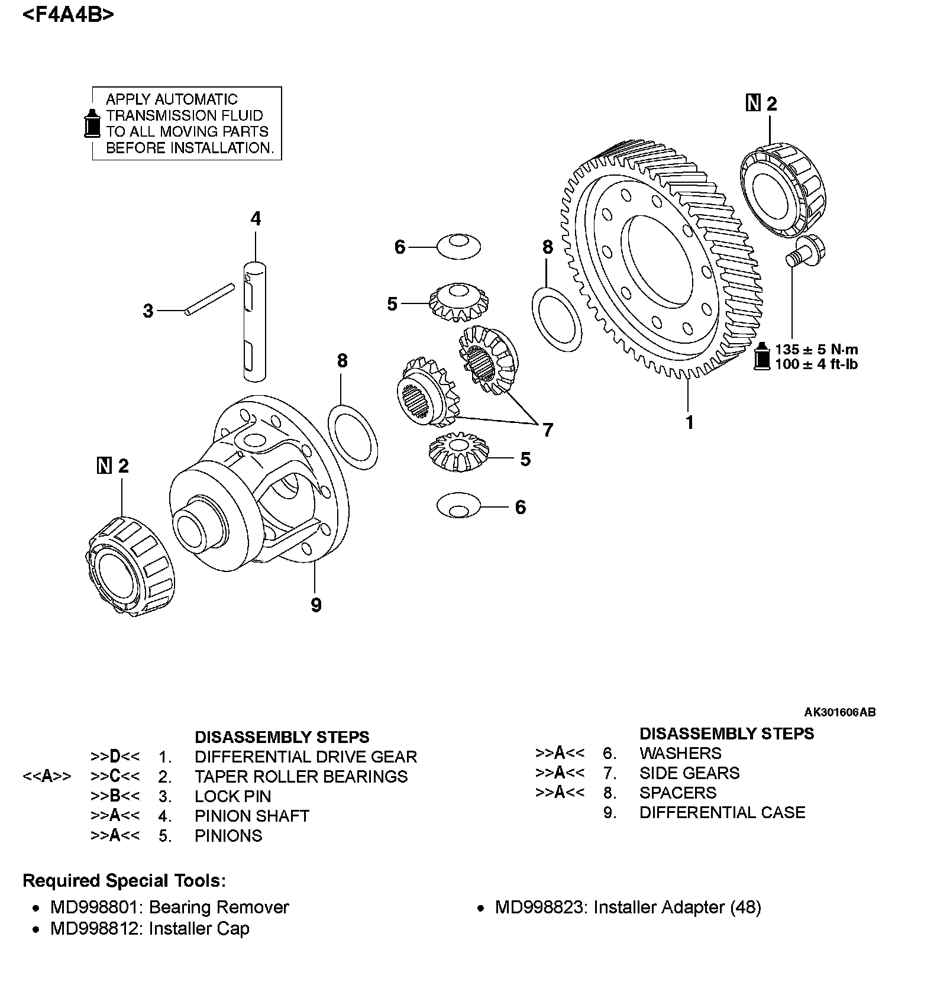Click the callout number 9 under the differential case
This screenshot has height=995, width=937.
click(x=316, y=605)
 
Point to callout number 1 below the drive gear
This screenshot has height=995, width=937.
click(x=689, y=422)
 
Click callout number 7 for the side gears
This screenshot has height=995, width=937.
click(x=548, y=430)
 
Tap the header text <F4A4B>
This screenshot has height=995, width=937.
click(x=68, y=14)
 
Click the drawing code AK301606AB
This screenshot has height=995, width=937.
click(x=839, y=712)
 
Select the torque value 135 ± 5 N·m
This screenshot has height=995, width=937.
click(x=816, y=349)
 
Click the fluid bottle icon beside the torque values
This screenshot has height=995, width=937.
click(x=762, y=356)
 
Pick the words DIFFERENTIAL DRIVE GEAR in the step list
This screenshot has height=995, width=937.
click(x=305, y=757)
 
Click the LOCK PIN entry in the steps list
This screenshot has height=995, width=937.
click(x=232, y=796)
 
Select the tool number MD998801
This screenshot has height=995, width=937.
click(x=94, y=907)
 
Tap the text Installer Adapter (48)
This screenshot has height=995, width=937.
click(x=677, y=907)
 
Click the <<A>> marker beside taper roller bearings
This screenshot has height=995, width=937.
click(x=47, y=776)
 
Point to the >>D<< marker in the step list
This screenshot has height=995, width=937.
click(x=115, y=757)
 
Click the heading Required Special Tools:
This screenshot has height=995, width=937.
click(x=124, y=881)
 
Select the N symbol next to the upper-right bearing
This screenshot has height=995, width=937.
click(x=753, y=104)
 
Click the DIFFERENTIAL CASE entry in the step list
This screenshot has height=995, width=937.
click(x=722, y=812)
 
